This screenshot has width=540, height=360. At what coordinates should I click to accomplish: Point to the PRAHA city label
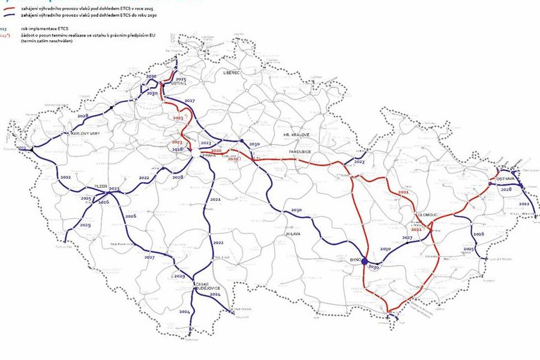(x=209, y=155)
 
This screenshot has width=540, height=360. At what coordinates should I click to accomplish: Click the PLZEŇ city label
(x=100, y=186)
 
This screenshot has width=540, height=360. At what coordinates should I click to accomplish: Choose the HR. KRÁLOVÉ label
(x=296, y=135)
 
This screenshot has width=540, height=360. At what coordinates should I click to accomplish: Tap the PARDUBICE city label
(x=299, y=152)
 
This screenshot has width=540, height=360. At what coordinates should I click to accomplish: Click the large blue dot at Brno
(x=364, y=260)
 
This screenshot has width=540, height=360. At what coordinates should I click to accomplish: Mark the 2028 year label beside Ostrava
(x=506, y=189)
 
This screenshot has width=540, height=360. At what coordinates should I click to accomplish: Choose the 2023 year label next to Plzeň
(x=114, y=189)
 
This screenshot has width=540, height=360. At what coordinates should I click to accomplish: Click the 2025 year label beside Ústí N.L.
(x=181, y=79)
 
